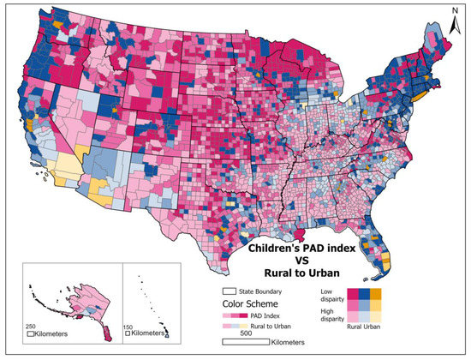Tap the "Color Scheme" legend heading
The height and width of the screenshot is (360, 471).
pos(249,303)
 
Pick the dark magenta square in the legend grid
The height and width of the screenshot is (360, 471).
pos(353,294)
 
